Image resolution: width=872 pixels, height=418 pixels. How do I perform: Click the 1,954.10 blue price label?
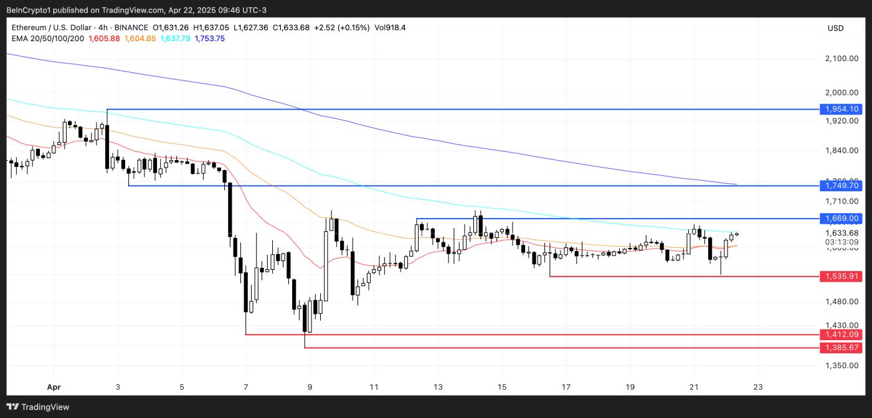click(842, 109)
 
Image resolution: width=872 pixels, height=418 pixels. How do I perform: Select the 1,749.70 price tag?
click(842, 186)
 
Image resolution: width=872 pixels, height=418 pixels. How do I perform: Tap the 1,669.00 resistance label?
click(842, 219)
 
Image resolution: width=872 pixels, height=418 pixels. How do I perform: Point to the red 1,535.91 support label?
click(842, 276)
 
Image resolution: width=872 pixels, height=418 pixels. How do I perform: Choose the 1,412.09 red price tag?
click(842, 335)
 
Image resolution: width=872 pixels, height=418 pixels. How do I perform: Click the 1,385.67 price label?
click(842, 348)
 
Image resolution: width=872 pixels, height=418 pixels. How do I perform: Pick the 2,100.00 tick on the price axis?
click(842, 59)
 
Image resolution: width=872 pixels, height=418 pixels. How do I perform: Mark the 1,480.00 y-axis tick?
click(842, 302)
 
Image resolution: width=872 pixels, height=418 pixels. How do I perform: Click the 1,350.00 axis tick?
click(842, 366)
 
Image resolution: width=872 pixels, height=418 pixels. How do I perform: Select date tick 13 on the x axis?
click(438, 387)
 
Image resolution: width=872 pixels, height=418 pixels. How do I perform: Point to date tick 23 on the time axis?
click(757, 387)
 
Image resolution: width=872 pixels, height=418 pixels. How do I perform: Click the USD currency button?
click(835, 28)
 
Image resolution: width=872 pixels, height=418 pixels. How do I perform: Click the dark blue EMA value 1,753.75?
click(210, 39)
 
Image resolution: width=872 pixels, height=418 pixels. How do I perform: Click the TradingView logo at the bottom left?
click(39, 407)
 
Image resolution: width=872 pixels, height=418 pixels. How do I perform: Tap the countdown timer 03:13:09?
click(842, 242)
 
